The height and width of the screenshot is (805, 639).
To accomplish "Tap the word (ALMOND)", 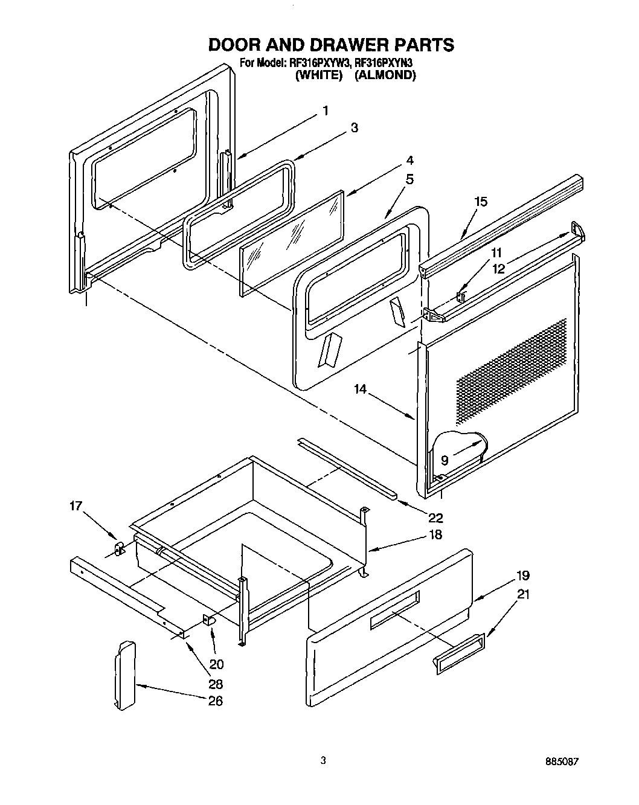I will pos(385,75).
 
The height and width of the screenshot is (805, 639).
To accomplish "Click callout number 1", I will pos(325,111).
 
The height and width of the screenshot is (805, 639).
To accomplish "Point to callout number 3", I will pos(354,127).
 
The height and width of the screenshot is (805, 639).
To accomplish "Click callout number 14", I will pos(361,390).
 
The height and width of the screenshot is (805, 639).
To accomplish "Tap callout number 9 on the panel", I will pos(445,460).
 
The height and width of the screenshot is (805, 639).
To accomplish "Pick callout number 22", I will pos(435,517).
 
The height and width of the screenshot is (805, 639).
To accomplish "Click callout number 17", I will pos(75,506).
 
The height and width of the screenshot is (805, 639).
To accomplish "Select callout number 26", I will pos(215,701).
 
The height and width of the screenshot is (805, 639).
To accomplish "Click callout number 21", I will pos(506,594).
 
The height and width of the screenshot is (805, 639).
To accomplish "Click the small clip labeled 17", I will pos(118,548).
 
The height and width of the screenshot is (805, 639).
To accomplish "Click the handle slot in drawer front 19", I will pos(394,608).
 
